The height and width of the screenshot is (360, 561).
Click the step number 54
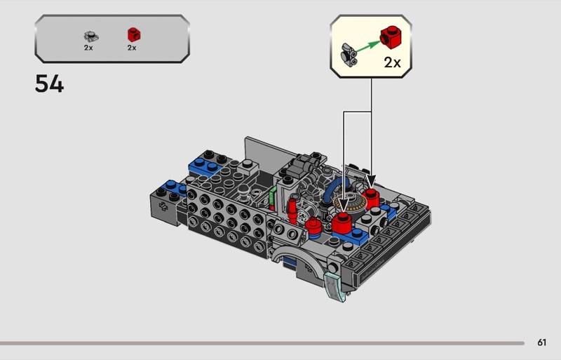pyautogui.click(x=49, y=84)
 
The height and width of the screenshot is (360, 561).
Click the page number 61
pyautogui.click(x=541, y=342)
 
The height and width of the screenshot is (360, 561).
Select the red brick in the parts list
pyautogui.click(x=134, y=35)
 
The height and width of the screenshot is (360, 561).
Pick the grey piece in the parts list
pyautogui.click(x=91, y=36)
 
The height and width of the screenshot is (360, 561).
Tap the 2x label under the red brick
pyautogui.click(x=132, y=48)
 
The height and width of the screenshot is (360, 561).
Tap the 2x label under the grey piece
pyautogui.click(x=88, y=48)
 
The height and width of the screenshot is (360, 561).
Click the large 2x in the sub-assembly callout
pyautogui.click(x=393, y=62)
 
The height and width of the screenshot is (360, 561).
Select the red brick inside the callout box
pyautogui.click(x=391, y=37)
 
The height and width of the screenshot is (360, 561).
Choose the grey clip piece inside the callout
pyautogui.click(x=348, y=55)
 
